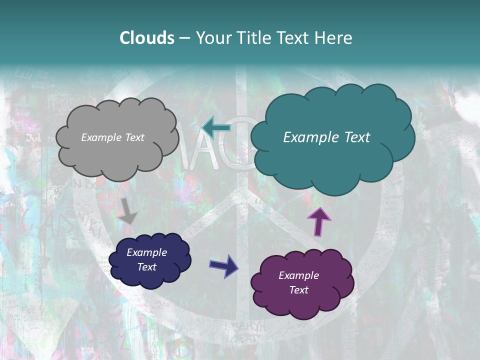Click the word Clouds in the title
[x=147, y=38]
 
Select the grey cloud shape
[x=117, y=155]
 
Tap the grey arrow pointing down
[x=128, y=211]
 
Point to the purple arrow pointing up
[x=318, y=221]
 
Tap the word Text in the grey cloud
[x=134, y=137]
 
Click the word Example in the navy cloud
[x=146, y=252]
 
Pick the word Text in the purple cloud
[x=298, y=290]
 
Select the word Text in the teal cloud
[x=357, y=137]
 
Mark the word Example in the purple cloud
[x=298, y=275]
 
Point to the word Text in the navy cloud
[x=146, y=267]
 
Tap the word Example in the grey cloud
[x=101, y=137]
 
